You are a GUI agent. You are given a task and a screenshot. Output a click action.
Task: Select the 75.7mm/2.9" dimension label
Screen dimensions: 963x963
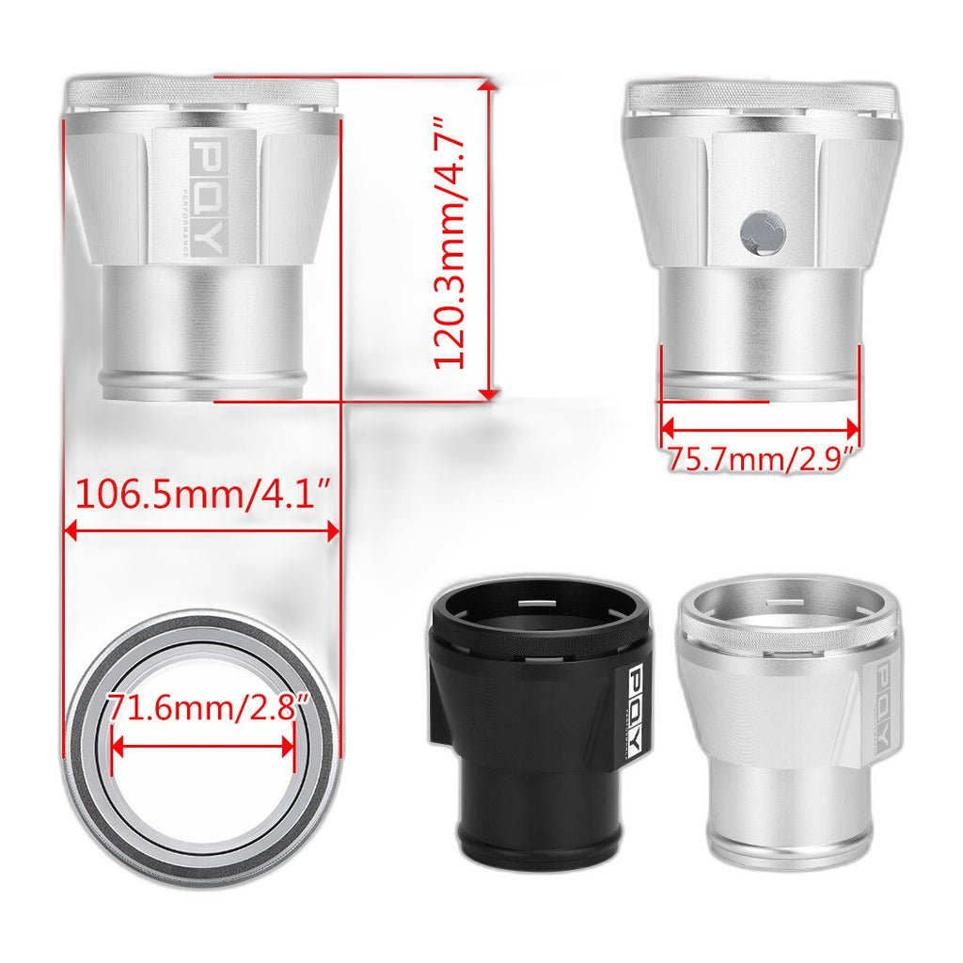760,458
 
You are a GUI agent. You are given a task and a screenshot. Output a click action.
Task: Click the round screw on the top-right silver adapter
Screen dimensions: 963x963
763,233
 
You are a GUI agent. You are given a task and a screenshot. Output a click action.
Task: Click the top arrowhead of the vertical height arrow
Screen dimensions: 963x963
489,85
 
